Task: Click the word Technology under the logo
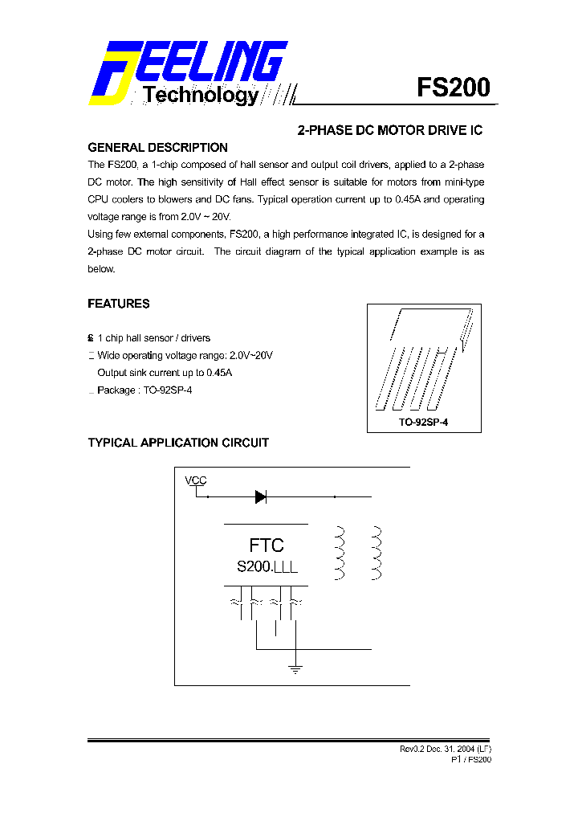click(x=201, y=96)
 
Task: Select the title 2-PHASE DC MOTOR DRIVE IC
click(x=390, y=129)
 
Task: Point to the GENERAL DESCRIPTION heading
click(x=157, y=148)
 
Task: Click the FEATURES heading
click(x=118, y=304)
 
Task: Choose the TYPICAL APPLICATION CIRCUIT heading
click(x=178, y=443)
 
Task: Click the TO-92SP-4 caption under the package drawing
click(x=423, y=422)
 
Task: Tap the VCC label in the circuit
click(x=196, y=480)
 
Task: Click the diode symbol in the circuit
click(x=260, y=496)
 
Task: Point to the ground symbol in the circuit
click(x=295, y=668)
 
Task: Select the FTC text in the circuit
click(x=266, y=545)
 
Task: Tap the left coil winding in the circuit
click(x=339, y=553)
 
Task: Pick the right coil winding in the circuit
click(x=375, y=553)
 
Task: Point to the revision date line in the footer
click(x=446, y=749)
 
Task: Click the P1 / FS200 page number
click(x=471, y=759)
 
